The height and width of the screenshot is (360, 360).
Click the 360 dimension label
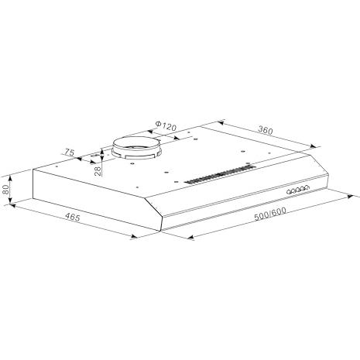(266, 131)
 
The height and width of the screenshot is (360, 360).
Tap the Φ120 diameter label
(166, 125)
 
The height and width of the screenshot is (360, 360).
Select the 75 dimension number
(69, 153)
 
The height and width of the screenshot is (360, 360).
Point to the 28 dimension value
(98, 171)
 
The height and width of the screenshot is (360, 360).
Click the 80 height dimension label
(6, 190)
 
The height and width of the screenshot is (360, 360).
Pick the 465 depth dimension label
(73, 217)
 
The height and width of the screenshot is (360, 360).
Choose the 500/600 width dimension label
(270, 214)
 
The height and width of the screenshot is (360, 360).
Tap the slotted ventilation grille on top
(220, 175)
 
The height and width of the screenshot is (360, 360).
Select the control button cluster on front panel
(298, 190)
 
